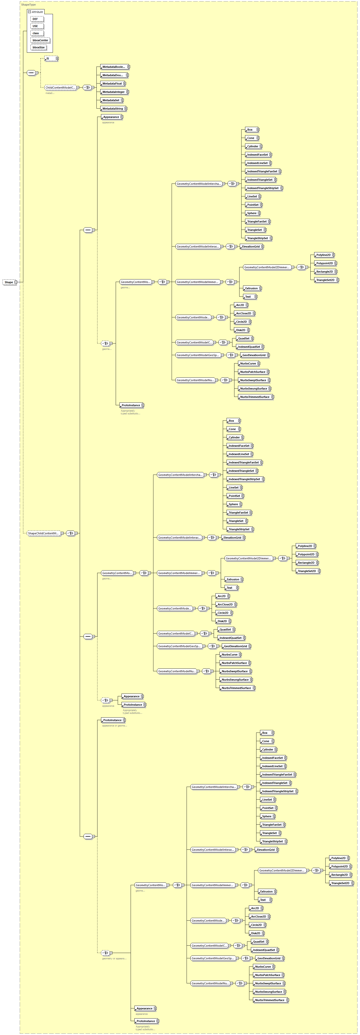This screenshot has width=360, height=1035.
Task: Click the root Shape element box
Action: pos(8,282)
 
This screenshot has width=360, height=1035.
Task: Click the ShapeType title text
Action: pos(28,4)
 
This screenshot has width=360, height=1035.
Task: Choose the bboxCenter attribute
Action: pos(40,40)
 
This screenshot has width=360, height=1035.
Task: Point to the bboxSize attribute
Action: pos(38,47)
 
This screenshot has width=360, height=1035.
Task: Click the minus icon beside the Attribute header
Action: pos(29,12)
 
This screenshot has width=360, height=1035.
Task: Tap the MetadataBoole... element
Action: pos(113,67)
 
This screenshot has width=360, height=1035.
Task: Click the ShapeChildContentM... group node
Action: pos(43,533)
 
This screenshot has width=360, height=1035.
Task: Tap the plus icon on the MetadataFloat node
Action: pos(125,84)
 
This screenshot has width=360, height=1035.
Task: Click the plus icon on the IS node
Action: pos(57,59)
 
